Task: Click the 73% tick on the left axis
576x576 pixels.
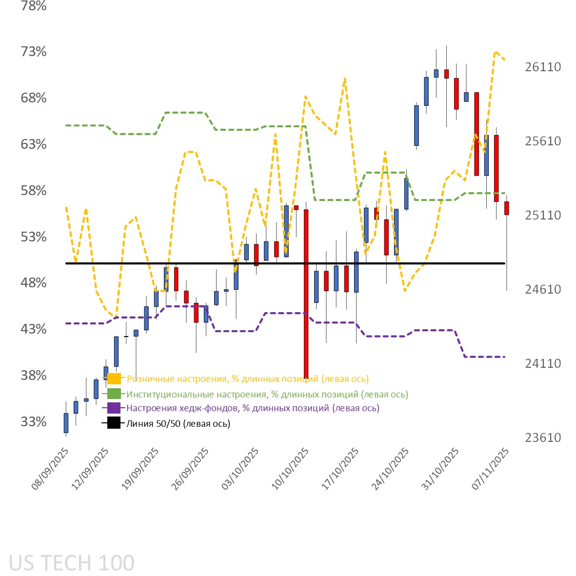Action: coord(34,52)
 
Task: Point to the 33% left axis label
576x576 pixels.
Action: coord(34,421)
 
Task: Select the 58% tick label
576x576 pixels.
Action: coord(34,190)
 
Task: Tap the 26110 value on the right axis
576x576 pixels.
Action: coord(543,67)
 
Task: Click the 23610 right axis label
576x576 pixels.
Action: coord(543,437)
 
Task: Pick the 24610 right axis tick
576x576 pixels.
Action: coord(543,289)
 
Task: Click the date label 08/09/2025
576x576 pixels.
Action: coord(50,469)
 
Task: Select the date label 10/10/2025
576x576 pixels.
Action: coord(290,469)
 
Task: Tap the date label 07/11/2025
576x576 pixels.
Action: coord(491,469)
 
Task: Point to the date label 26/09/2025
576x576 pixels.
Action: coord(190,469)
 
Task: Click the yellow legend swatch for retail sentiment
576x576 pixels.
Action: coord(114,378)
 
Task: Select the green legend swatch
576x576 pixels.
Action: coord(114,394)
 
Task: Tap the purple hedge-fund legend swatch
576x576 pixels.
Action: coord(114,408)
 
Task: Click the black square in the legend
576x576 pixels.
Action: coord(114,423)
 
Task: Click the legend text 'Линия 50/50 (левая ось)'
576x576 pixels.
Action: coord(178,423)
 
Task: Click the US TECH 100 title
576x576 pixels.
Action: coord(72,563)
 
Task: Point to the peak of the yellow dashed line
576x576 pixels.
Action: coord(495,52)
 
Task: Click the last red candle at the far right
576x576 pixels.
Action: coord(507,208)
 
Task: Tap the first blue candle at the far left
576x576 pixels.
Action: coord(66,423)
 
